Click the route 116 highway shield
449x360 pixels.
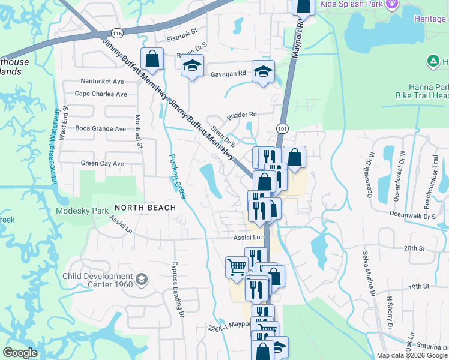tap(117, 32)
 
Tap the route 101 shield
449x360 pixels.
tap(282, 128)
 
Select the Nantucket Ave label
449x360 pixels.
tap(102, 81)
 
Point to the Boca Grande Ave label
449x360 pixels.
tap(100, 128)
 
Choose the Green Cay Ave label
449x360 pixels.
tap(102, 163)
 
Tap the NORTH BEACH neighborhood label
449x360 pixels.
tap(145, 208)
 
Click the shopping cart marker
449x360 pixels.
tap(237, 266)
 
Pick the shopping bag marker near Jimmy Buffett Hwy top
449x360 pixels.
tap(152, 59)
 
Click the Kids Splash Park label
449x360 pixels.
tap(351, 4)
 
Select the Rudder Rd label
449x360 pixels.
tap(241, 114)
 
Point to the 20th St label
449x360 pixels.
tap(414, 248)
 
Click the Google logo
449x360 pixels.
tap(20, 353)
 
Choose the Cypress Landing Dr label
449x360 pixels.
tap(177, 286)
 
